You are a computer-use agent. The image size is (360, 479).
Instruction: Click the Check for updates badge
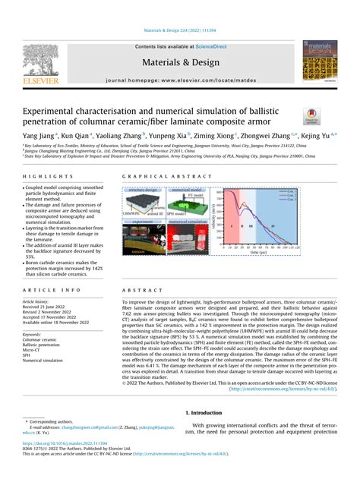(312, 116)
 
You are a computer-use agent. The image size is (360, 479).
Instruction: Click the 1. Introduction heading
(207, 412)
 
